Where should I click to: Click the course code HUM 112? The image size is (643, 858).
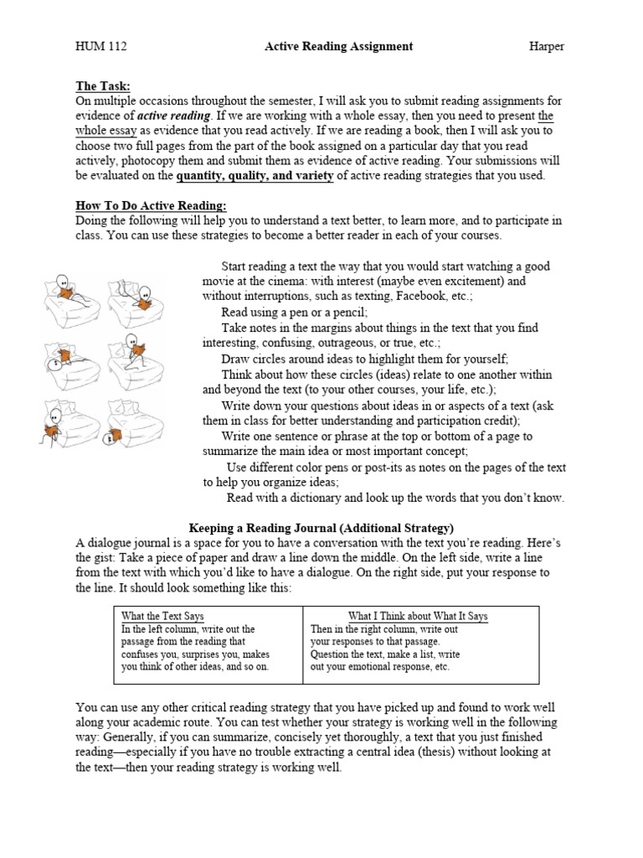101,47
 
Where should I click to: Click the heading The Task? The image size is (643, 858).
103,86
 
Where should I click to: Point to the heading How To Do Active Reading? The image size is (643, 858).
152,206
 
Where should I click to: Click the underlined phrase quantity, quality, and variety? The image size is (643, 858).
255,176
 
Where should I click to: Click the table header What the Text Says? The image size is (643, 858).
162,616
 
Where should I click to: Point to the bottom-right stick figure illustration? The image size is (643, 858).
135,426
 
